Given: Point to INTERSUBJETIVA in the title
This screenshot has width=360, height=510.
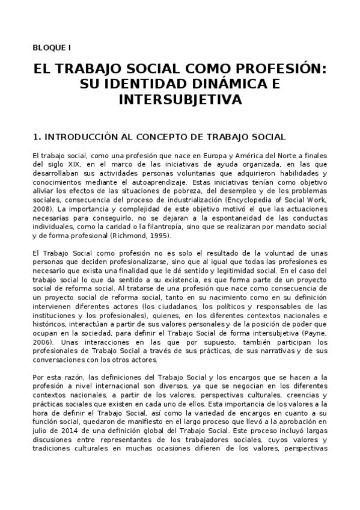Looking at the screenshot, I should click(x=180, y=99).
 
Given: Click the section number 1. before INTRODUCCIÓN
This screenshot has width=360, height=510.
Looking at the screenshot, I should click(x=37, y=137).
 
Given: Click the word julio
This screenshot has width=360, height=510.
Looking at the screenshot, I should click(x=41, y=431).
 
